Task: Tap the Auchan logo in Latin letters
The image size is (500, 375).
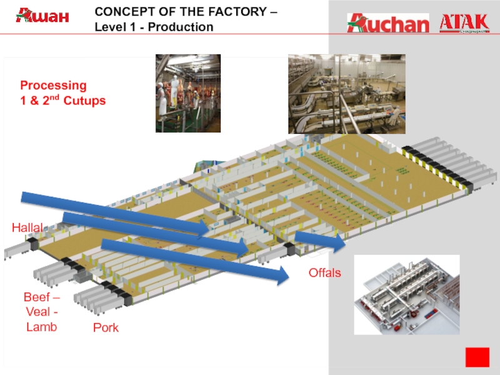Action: pos(388,23)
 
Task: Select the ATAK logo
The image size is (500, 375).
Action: pos(464,22)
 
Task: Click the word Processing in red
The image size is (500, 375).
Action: pos(53,85)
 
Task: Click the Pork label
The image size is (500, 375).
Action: pos(106,327)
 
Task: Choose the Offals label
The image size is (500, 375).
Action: pos(325,272)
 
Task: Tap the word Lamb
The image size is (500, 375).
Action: pos(41,327)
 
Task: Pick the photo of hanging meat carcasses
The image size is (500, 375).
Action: pos(187,93)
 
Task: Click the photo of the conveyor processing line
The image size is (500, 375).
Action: pos(346,94)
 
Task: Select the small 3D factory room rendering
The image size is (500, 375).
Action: pos(406,294)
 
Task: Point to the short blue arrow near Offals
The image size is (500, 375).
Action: pos(319,240)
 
